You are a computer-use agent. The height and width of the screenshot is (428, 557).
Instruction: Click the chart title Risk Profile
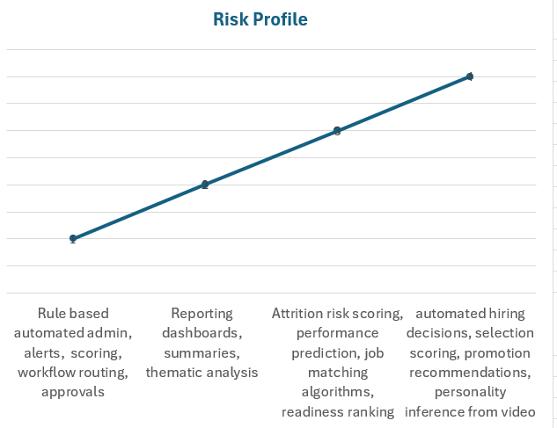click(x=260, y=18)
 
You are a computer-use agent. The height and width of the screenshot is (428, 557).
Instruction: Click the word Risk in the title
click(x=231, y=18)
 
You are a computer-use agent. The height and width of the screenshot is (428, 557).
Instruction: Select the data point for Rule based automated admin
click(x=73, y=238)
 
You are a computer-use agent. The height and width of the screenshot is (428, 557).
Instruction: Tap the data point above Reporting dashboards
click(x=205, y=185)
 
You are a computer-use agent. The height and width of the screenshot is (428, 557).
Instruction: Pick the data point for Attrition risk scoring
click(x=337, y=131)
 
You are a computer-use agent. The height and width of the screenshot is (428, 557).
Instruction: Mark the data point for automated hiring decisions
click(x=470, y=76)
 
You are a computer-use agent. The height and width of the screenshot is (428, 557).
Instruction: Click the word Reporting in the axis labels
click(x=202, y=314)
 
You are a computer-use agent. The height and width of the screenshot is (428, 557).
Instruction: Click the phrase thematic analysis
click(x=202, y=373)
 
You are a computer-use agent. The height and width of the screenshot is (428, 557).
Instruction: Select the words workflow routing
click(x=73, y=373)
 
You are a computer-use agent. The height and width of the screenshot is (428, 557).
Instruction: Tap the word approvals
click(x=73, y=392)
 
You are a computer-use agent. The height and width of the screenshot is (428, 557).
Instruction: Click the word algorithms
click(x=337, y=392)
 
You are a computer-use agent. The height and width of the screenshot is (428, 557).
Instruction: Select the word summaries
click(x=202, y=353)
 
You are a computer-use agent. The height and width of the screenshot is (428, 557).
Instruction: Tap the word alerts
click(x=43, y=353)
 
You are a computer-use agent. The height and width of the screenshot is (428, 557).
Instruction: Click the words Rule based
click(x=73, y=314)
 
